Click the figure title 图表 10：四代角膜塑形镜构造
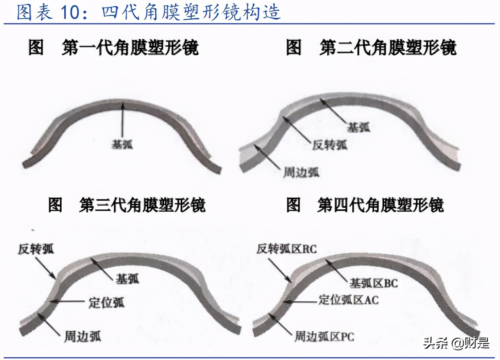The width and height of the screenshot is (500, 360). (x=149, y=12)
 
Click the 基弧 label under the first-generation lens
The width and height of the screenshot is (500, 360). (x=122, y=144)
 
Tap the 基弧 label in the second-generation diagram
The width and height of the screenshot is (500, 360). (x=358, y=127)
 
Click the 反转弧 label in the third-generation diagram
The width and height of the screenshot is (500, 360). (x=36, y=249)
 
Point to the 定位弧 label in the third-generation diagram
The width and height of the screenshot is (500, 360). (x=107, y=302)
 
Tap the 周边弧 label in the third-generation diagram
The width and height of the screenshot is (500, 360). (x=82, y=336)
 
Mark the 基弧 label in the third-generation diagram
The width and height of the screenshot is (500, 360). (x=127, y=278)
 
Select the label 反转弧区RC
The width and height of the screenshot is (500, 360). (x=286, y=249)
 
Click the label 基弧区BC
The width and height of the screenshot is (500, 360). (x=373, y=284)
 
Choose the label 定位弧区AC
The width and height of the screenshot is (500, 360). (x=349, y=300)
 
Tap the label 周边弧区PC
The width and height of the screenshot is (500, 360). (x=324, y=336)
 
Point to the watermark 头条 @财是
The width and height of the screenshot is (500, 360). (x=457, y=343)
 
